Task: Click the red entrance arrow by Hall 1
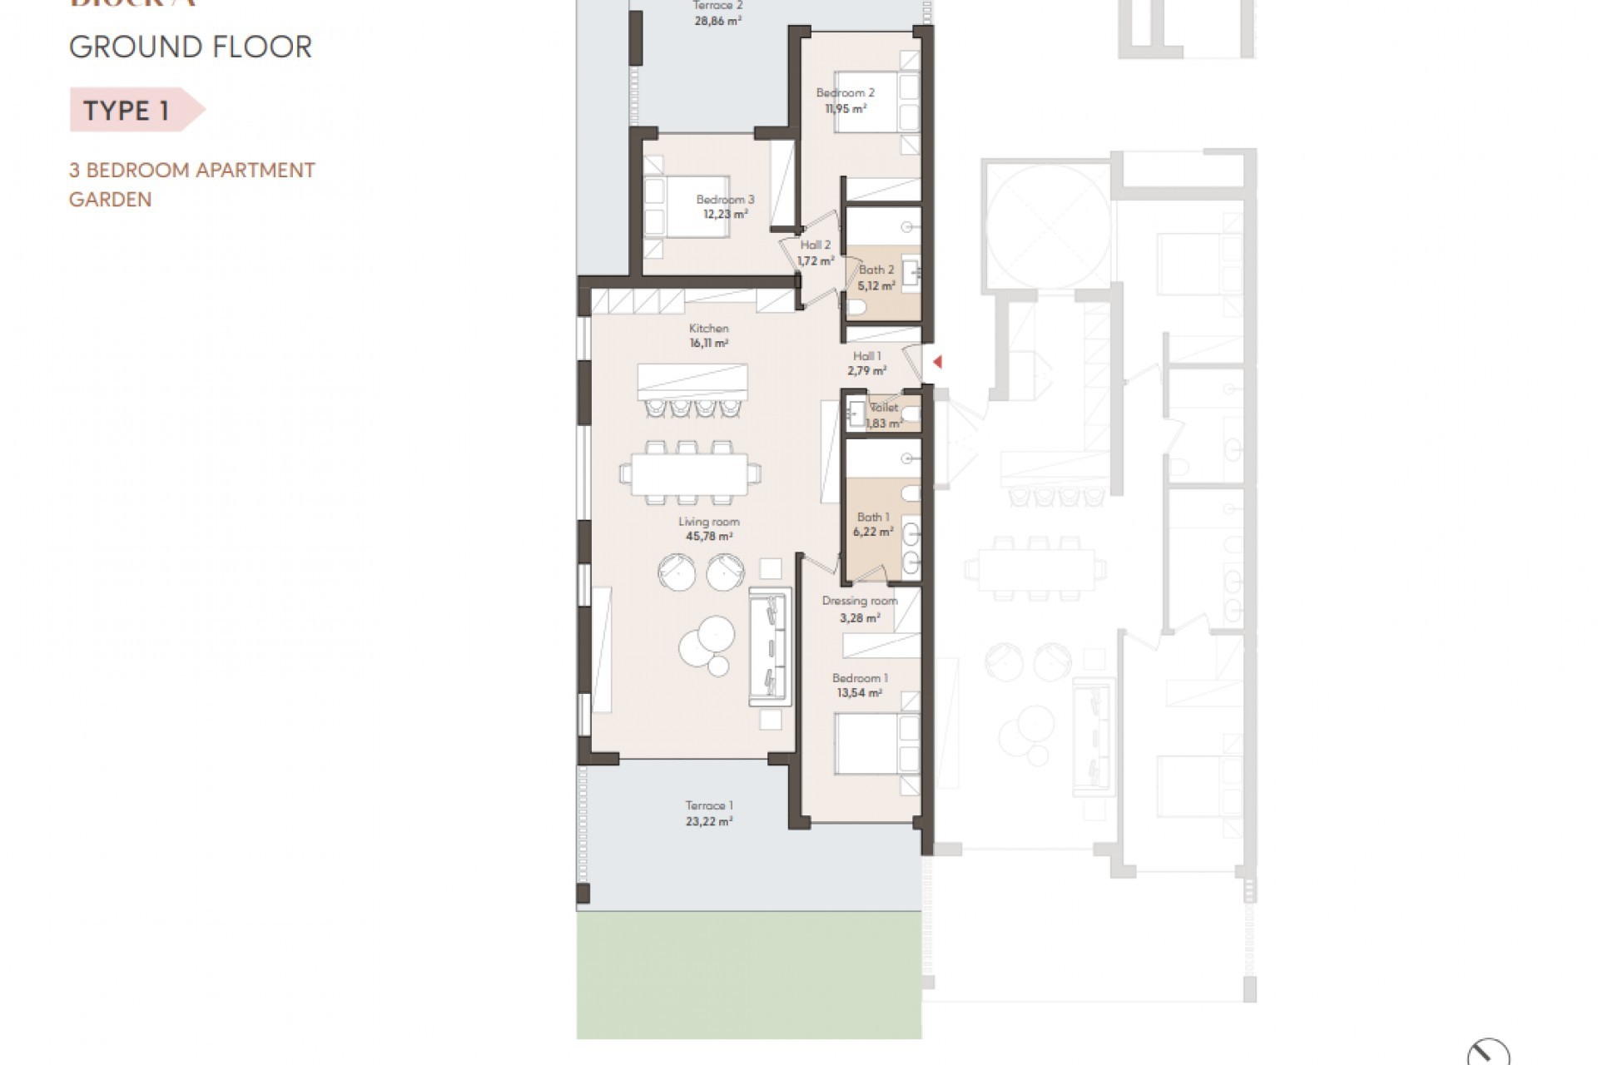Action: pos(937,362)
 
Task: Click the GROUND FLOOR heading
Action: pos(191,47)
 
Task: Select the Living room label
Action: pos(708,522)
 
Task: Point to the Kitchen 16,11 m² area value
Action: pos(709,343)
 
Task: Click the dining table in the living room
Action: pos(690,473)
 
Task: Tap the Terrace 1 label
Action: pos(709,805)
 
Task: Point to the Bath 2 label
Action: pos(876,270)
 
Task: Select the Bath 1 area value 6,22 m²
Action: pos(873,532)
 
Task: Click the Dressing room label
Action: pos(860,601)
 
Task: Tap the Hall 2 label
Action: pos(815,245)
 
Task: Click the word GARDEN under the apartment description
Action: pos(110,200)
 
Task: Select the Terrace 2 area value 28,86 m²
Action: pos(717,21)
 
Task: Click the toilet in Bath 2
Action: pos(857,310)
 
